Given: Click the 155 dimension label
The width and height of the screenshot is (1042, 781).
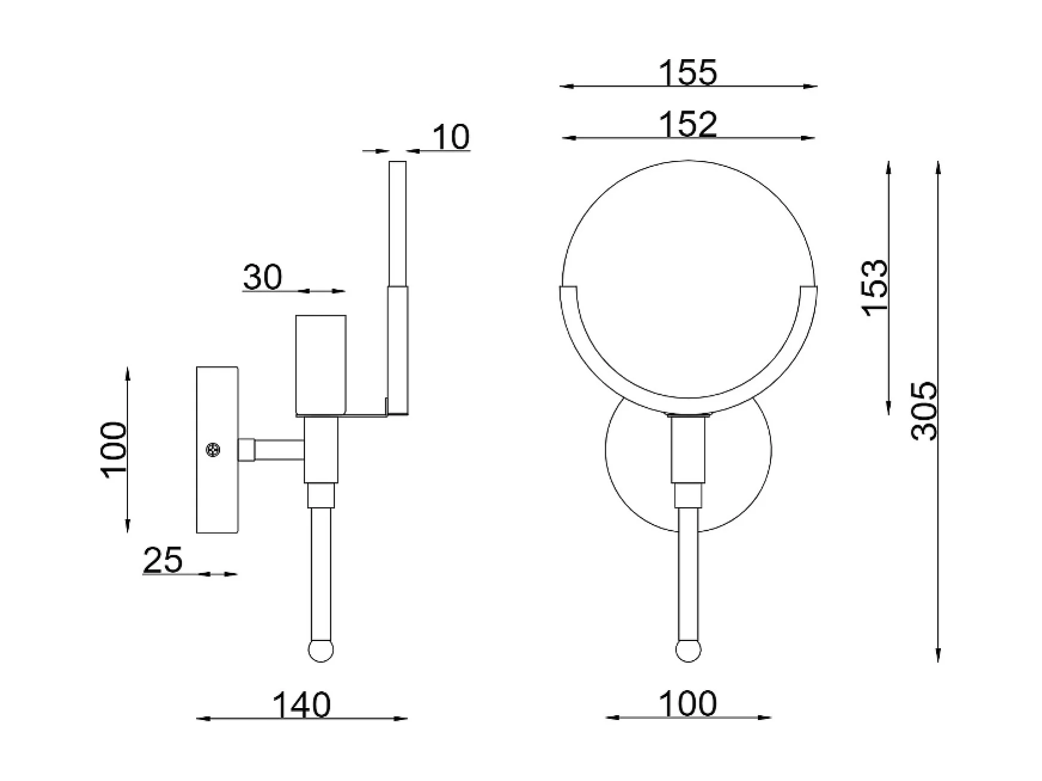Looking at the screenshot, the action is pos(687,73).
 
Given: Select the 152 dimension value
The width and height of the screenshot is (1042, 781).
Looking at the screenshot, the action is pos(687,125).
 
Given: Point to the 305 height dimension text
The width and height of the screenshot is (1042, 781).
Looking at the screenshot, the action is pos(924,411).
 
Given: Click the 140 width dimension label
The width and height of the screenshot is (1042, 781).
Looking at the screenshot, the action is pos(301,705).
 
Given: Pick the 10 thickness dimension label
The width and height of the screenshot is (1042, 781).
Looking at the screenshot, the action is pos(450,138).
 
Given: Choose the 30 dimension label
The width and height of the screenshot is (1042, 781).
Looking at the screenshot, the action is pos(263,277).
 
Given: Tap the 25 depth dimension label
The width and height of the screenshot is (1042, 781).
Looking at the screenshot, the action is pos(163,561).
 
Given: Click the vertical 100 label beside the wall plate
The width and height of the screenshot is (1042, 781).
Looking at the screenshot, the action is pos(114,449).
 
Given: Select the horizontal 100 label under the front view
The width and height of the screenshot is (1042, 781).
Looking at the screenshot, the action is pos(687,704).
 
